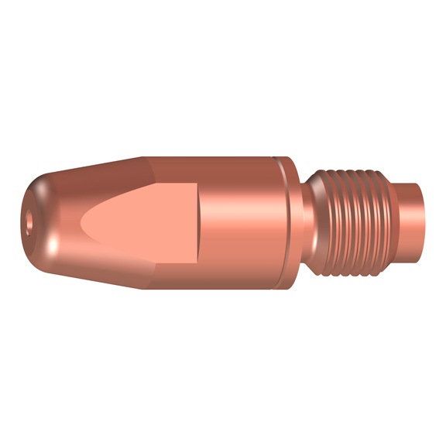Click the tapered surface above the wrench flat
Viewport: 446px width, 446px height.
[101, 174]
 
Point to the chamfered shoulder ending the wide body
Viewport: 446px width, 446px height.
[291, 225]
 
